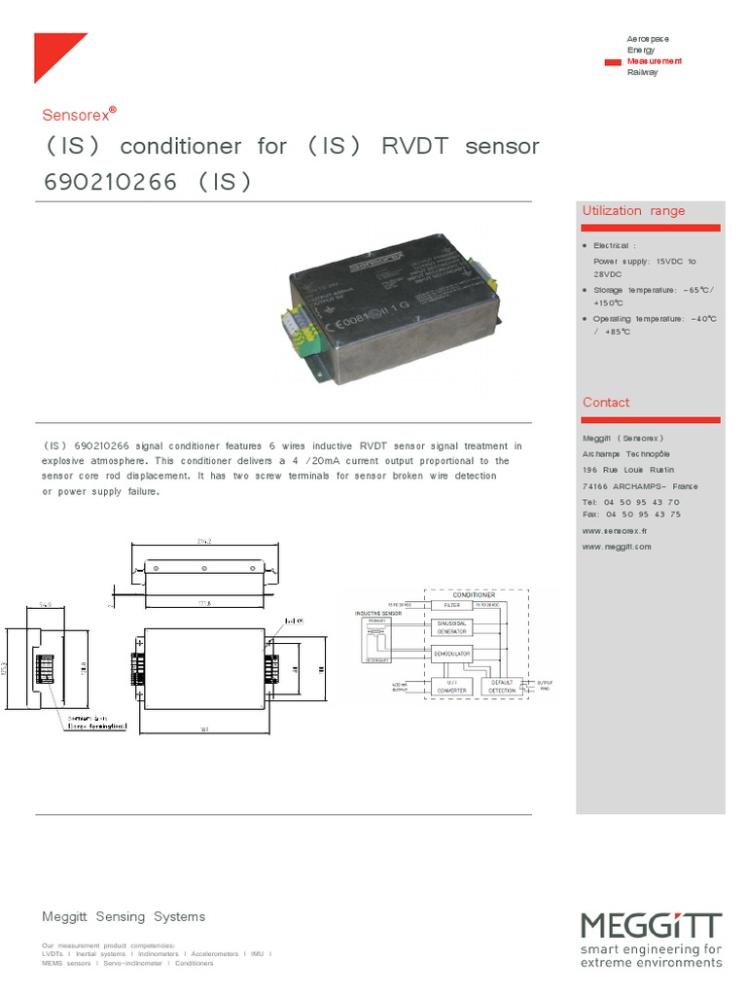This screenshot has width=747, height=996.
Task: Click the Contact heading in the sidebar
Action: pos(606,403)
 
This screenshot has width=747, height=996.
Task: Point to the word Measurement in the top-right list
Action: pos(654,61)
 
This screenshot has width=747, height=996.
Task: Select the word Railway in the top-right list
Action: pos(642,72)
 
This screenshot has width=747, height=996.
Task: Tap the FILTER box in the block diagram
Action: pos(450,604)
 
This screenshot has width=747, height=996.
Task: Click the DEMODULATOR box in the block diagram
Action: pos(450,654)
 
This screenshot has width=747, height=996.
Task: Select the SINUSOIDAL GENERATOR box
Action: pos(450,627)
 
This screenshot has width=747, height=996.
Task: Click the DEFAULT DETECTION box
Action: pos(502,686)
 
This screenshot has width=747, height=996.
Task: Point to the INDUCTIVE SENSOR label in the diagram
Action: pos(378,614)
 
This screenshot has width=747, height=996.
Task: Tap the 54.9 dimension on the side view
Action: pos(45,604)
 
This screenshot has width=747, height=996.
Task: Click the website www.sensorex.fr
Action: pos(615,532)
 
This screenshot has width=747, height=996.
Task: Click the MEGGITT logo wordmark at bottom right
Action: pos(651,925)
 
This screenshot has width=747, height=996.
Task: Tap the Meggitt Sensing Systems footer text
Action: pos(124,917)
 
